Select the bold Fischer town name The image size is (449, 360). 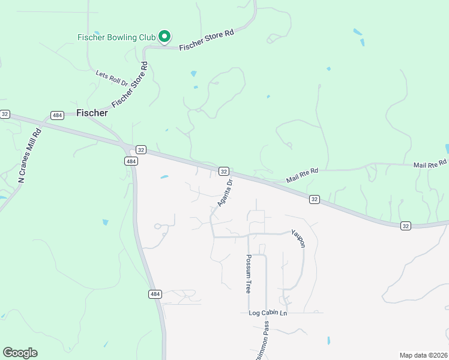coord(92,113)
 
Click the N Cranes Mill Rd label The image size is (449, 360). coord(29,156)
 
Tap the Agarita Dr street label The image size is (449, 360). coord(224,191)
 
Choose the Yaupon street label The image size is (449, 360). coord(298,238)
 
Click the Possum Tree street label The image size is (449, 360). coord(248,273)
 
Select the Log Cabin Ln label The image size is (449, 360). coord(268,313)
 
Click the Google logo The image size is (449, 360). coord(20,353)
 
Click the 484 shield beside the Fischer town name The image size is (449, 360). coord(57,115)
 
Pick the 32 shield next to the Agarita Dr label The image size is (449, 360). coord(223,171)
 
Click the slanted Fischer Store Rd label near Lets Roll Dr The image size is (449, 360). coord(130,83)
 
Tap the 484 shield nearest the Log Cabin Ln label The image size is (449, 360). coord(155,294)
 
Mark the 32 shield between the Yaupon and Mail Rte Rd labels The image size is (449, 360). coord(315,199)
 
